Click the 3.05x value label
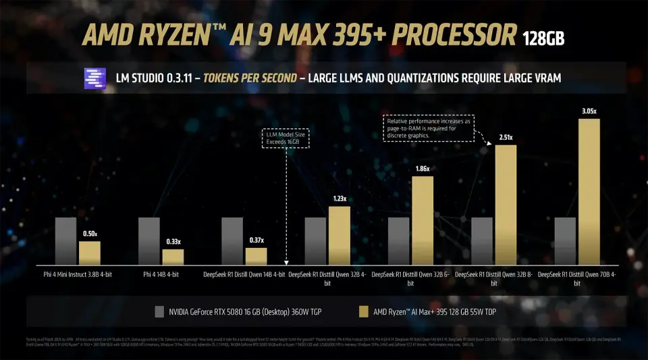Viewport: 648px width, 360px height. click(589, 111)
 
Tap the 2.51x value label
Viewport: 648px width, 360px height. click(506, 137)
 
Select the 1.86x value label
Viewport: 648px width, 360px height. click(423, 168)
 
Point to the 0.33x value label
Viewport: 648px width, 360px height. click(173, 242)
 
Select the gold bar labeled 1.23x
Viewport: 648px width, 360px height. click(340, 235)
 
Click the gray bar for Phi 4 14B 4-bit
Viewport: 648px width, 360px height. click(148, 240)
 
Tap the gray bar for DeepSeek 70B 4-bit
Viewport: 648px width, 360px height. click(565, 240)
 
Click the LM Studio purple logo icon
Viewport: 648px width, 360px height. click(94, 79)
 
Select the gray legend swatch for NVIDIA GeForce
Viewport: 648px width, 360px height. click(159, 311)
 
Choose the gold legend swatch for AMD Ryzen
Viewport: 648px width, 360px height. click(362, 311)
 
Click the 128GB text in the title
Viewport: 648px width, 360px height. click(544, 37)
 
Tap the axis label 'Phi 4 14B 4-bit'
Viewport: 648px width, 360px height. click(161, 275)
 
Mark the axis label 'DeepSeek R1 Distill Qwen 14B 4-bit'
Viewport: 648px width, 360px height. click(244, 275)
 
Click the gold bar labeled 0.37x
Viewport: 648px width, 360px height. click(256, 256)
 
